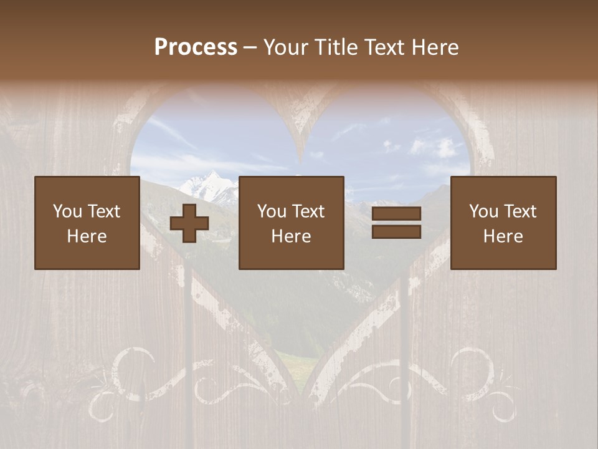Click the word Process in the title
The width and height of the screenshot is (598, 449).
point(196,47)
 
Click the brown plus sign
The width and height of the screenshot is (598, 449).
point(189,223)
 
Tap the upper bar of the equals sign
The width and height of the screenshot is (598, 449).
point(396,213)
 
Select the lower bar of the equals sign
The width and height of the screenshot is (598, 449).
point(396,232)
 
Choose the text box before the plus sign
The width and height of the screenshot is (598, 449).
point(87,223)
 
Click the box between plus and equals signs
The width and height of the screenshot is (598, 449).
point(292,223)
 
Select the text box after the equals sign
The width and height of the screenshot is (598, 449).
point(503,223)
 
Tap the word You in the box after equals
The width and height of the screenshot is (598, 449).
point(483,211)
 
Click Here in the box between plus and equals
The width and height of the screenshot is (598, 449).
point(292,236)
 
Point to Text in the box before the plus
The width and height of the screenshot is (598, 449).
point(103,211)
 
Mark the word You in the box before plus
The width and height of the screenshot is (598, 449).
point(67,211)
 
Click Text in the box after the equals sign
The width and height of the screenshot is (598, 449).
point(520,211)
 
